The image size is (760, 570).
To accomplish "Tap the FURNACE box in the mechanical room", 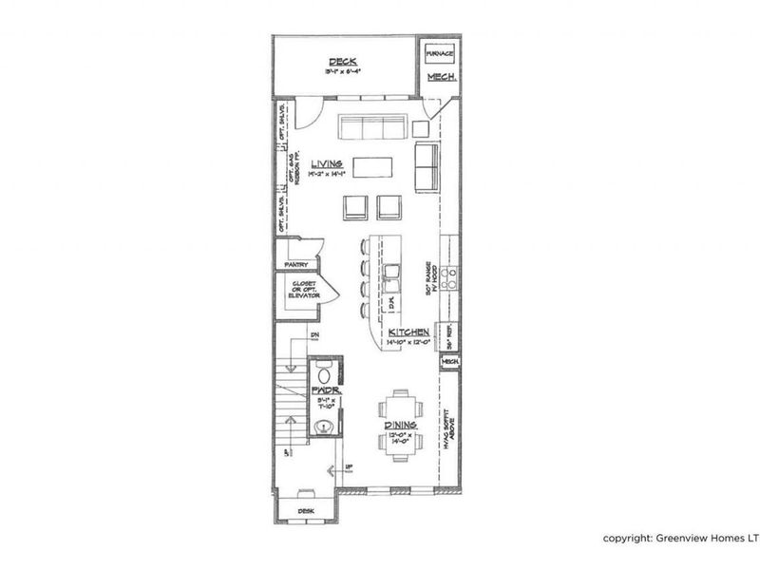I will pos(438,53).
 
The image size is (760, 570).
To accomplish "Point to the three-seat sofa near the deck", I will pos(373,127).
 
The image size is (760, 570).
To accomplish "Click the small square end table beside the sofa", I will pos(423,127).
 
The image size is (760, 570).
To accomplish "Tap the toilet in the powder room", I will pos(321,371).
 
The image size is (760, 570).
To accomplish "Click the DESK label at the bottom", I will pos(305,510).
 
